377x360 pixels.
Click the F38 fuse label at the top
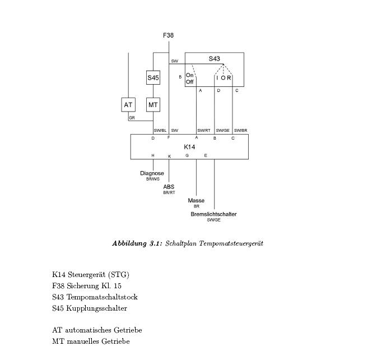click(168, 35)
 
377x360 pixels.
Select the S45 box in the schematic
click(153, 78)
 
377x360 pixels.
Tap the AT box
click(128, 105)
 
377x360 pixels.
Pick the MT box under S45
click(153, 105)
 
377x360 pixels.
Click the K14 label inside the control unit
click(189, 147)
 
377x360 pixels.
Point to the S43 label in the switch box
click(215, 59)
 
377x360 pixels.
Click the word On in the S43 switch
click(189, 75)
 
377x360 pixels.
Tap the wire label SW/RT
click(203, 131)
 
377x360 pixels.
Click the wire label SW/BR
click(240, 131)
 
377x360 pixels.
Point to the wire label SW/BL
click(160, 131)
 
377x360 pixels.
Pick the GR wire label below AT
click(132, 118)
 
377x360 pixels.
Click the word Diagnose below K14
click(152, 173)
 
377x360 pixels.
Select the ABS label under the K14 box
click(169, 187)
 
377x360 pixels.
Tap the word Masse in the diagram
click(196, 200)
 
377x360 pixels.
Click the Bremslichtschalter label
click(213, 214)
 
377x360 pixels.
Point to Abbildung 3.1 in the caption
click(137, 243)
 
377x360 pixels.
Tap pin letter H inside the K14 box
click(152, 155)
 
